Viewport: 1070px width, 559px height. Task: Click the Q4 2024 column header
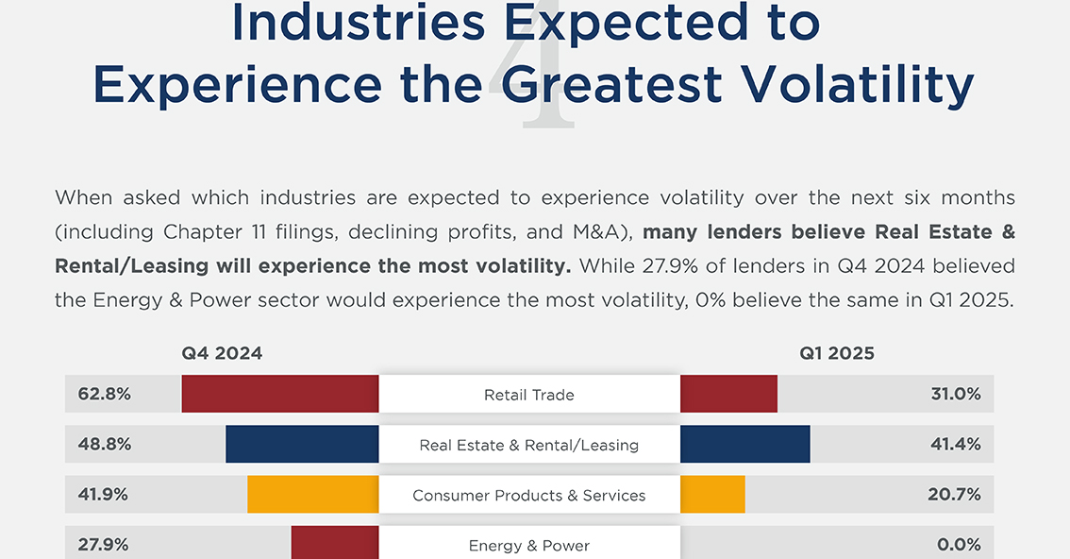222,354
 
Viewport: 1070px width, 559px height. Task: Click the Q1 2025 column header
837,354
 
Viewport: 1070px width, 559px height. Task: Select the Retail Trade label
528,395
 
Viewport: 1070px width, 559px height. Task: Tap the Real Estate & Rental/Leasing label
528,445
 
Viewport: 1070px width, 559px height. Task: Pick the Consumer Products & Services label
528,495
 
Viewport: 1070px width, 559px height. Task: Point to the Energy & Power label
528,545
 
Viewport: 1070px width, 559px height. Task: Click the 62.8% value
105,394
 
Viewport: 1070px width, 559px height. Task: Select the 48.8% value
105,444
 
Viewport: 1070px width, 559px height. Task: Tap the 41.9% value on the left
105,494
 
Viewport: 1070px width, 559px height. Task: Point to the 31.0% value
956,394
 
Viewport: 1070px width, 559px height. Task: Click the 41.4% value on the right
956,444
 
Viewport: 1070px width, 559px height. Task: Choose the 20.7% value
956,494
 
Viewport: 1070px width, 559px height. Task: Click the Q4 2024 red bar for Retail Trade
279,394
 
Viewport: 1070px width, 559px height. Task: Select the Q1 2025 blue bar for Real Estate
744,444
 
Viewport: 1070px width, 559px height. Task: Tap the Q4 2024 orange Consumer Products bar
312,494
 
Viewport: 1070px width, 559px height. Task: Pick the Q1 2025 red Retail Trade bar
728,394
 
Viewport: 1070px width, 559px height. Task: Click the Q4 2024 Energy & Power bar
334,544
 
